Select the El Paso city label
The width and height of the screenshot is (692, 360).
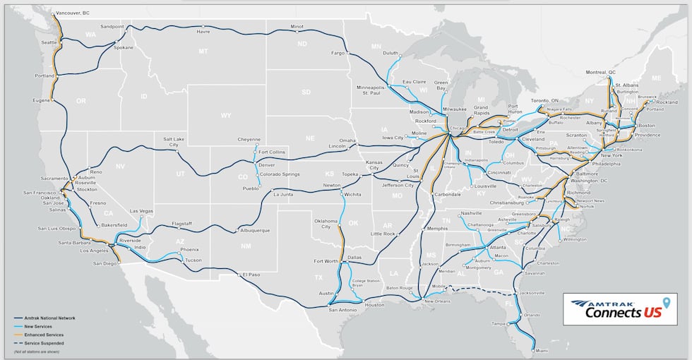click(251, 275)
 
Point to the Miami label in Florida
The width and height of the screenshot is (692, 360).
click(541, 350)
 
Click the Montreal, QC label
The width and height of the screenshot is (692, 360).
click(601, 72)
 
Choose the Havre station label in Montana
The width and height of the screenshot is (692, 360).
click(203, 31)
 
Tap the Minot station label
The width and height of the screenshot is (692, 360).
click(297, 27)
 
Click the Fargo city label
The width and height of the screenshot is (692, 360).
click(338, 53)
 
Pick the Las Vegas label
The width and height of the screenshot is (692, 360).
click(141, 211)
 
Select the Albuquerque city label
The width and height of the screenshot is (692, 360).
click(255, 230)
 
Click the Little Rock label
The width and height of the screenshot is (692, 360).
click(383, 234)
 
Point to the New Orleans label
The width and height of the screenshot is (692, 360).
click(437, 302)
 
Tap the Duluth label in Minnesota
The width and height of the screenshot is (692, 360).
click(390, 53)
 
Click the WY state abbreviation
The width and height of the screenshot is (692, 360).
click(226, 115)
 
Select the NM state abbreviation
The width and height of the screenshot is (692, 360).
click(245, 246)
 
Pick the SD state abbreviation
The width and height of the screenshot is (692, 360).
click(306, 92)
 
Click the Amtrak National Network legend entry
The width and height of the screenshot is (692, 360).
click(49, 318)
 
